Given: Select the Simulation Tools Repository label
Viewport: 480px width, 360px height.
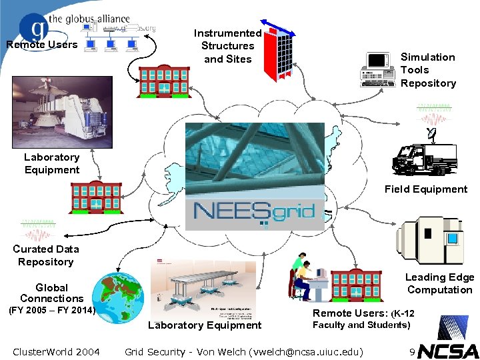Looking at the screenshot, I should tap(428, 70).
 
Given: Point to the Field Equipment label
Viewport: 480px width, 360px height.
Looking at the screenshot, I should tap(425, 189).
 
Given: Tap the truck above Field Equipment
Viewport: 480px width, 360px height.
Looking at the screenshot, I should tap(424, 160).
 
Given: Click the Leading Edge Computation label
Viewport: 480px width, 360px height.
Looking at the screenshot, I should tap(440, 283).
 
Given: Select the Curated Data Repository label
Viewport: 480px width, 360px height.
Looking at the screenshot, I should tap(46, 255).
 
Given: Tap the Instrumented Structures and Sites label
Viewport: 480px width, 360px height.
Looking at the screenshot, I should tap(227, 46).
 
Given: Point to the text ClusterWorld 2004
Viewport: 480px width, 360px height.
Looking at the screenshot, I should tap(56, 351).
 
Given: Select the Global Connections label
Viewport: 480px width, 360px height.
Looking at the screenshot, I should tap(51, 293).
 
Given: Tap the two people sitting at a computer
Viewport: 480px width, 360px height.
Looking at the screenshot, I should tap(305, 275).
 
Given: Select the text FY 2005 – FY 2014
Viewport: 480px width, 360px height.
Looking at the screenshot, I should tap(51, 311).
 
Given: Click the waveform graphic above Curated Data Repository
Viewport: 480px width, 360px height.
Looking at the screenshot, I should tap(39, 230).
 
